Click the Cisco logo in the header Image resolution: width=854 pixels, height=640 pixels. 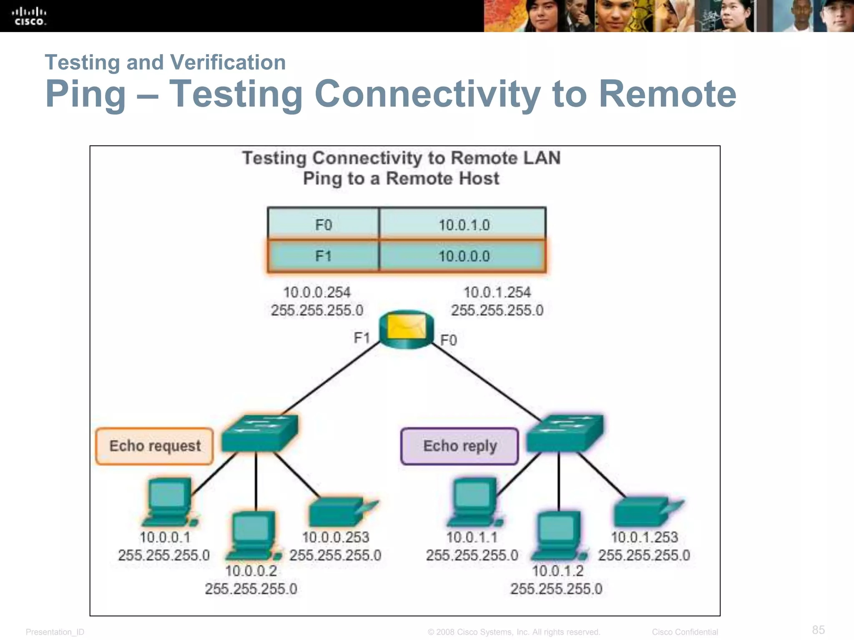29,16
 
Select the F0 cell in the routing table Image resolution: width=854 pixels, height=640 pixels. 323,225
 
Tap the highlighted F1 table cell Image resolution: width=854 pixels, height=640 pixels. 323,256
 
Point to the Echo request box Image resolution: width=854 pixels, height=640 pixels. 155,446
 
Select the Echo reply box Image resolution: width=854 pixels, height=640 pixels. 460,446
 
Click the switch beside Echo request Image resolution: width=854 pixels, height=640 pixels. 259,433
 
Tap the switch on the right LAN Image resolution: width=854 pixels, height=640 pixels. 565,433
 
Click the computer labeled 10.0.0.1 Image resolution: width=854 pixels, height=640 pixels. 169,502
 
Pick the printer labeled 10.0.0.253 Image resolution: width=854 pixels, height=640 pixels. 340,512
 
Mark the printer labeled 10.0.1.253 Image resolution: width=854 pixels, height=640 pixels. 644,512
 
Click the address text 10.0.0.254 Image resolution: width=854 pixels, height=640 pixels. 317,292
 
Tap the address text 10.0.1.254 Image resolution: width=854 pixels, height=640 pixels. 497,292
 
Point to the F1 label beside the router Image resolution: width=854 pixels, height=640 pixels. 362,337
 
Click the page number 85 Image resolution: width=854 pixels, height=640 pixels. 818,630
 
